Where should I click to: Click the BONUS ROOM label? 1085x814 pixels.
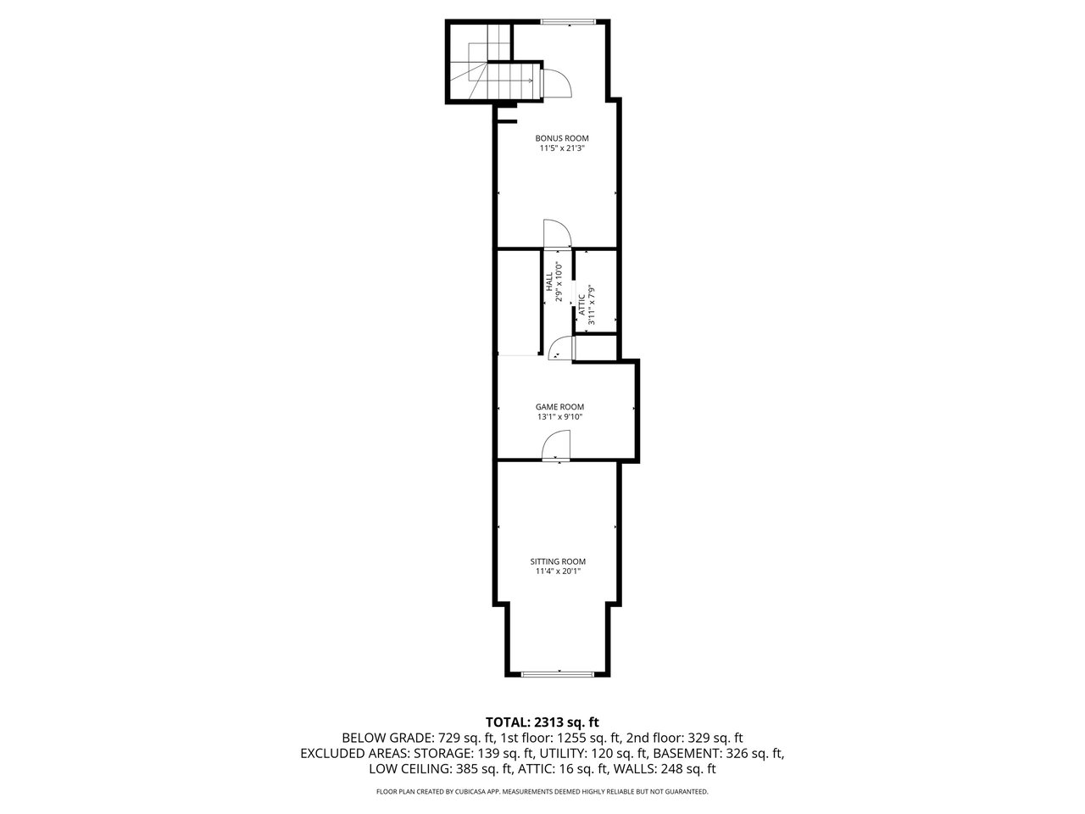tap(561, 138)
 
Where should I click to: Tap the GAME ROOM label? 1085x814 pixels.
tap(559, 407)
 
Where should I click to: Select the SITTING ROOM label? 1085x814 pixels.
tap(558, 561)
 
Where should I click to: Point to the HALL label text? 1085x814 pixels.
tap(548, 282)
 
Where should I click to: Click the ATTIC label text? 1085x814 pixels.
tap(581, 304)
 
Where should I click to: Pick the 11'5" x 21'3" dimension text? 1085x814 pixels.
tap(562, 148)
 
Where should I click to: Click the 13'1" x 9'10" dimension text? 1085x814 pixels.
tap(560, 416)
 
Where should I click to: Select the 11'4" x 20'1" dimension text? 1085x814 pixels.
tap(558, 571)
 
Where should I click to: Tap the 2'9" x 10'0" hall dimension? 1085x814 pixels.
tap(559, 282)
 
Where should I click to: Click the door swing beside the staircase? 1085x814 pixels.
tap(556, 84)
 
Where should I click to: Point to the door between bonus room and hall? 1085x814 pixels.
tap(557, 233)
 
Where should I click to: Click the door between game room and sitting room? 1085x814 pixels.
tap(556, 446)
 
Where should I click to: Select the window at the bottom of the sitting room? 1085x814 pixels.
tap(558, 673)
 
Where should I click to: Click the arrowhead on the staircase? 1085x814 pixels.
tap(531, 81)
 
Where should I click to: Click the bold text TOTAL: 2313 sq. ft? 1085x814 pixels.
tap(542, 722)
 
